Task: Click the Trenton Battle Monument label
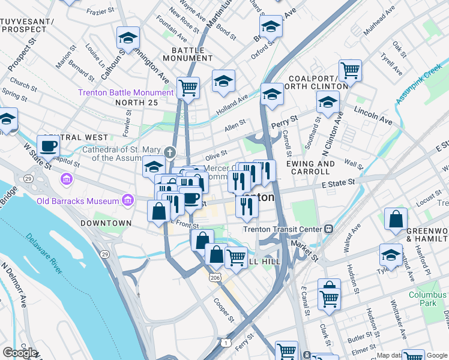[125, 92]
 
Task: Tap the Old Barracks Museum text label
[76, 200]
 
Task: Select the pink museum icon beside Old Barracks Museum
[127, 200]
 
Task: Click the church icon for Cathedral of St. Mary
[170, 152]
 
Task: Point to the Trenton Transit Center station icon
[328, 229]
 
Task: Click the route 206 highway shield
[214, 278]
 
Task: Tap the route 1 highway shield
[226, 342]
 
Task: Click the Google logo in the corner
[20, 353]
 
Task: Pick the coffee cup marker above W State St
[48, 146]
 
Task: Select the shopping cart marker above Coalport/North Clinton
[350, 70]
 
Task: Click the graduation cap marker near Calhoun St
[128, 38]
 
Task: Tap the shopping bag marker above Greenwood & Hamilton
[396, 220]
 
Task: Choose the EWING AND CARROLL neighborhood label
[310, 167]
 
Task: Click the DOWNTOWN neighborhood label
[106, 223]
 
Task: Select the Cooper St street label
[223, 310]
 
